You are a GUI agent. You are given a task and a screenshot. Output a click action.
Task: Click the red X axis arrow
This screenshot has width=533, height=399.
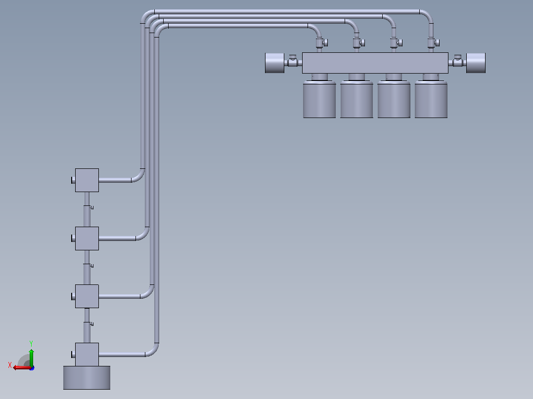(22, 368)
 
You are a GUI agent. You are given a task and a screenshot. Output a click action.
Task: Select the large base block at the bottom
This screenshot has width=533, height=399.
(87, 378)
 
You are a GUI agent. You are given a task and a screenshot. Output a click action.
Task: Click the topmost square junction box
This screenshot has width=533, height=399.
(87, 180)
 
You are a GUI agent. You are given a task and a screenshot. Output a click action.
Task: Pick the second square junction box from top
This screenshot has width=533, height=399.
(87, 239)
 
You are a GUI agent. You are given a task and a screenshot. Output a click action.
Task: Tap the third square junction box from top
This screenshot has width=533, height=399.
(87, 296)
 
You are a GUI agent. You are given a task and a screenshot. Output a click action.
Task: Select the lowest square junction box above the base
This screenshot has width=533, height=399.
(87, 355)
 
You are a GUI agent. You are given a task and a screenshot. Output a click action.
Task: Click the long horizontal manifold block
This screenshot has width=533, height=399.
(375, 63)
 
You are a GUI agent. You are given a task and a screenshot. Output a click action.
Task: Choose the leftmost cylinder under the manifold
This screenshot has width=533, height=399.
(319, 99)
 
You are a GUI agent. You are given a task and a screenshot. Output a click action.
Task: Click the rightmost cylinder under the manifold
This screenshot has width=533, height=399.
(431, 99)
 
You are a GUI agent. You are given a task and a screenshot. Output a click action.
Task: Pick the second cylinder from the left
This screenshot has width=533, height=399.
(356, 99)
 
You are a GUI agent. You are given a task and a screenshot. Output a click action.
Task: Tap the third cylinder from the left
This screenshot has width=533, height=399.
(394, 99)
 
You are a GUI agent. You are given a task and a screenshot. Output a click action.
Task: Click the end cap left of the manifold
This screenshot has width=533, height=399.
(275, 63)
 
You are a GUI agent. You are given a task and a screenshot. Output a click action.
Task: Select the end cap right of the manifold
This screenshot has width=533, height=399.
(476, 63)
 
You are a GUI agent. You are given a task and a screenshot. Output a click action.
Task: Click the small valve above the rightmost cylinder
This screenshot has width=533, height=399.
(433, 43)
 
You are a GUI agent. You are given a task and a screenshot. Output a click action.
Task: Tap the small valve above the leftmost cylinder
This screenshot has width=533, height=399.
(321, 43)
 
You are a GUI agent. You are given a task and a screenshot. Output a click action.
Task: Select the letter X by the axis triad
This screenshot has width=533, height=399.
(10, 365)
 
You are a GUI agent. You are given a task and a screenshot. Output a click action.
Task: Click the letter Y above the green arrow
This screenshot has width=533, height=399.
(31, 343)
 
